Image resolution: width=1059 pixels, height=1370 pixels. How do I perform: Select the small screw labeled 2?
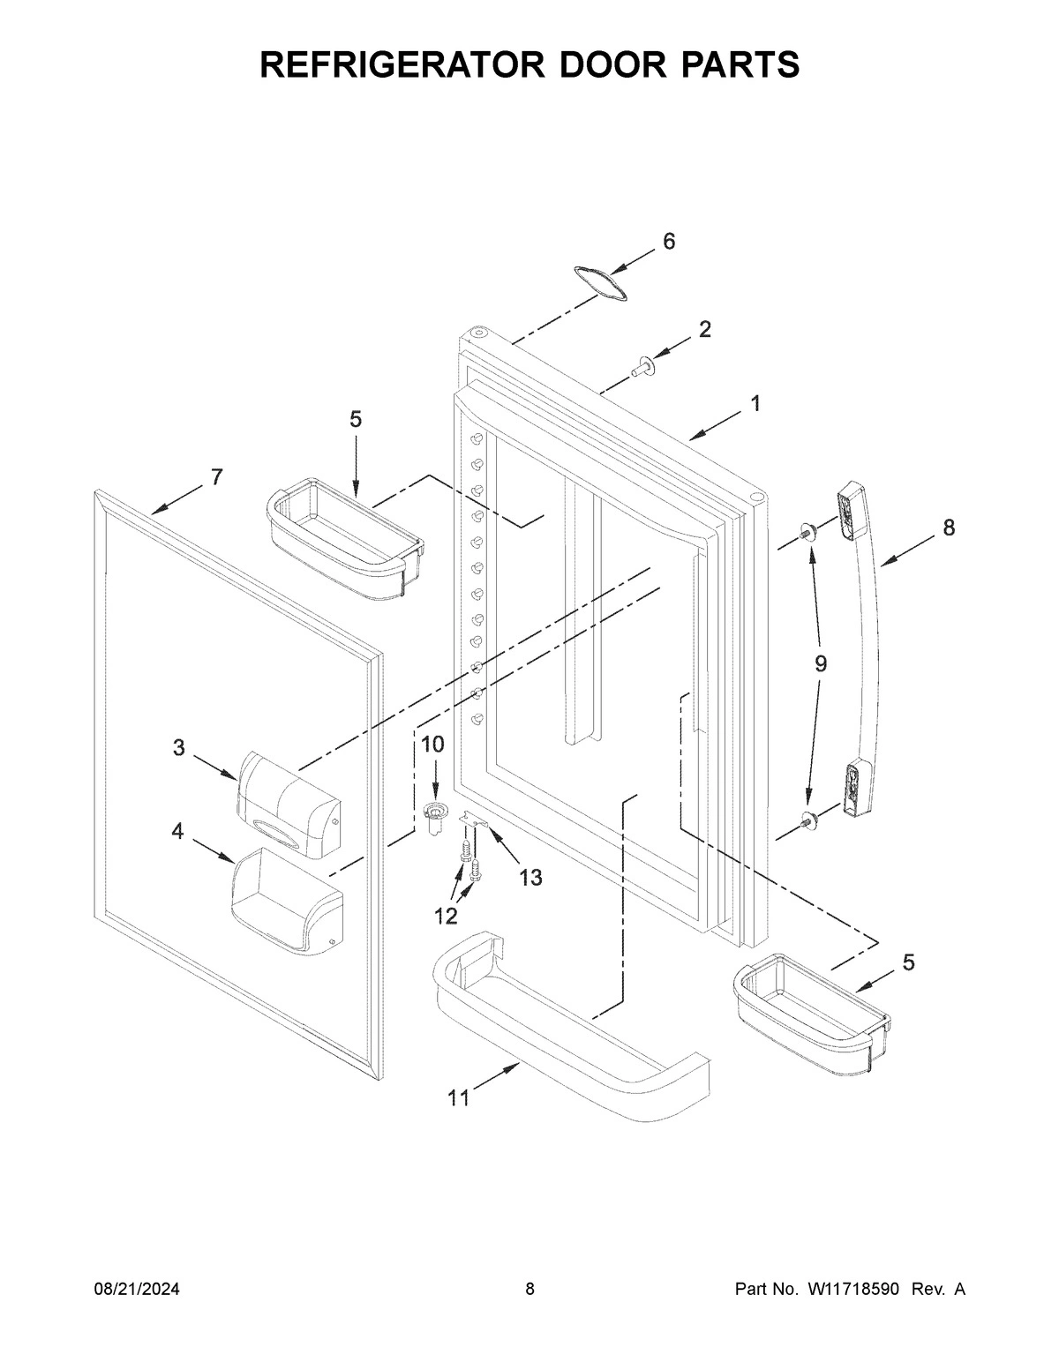click(642, 366)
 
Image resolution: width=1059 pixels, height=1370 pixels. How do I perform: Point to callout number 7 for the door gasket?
click(216, 477)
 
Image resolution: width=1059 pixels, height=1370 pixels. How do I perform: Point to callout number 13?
click(530, 877)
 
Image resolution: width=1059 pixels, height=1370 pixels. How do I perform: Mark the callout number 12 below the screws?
click(446, 916)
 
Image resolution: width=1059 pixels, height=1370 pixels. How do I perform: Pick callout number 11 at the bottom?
click(458, 1097)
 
